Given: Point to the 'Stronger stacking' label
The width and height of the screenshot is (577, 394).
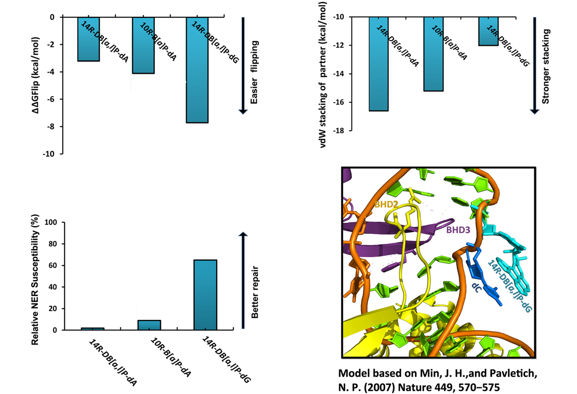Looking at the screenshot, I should [x=546, y=66].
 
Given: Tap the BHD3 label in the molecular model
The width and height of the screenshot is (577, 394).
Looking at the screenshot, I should [x=458, y=230].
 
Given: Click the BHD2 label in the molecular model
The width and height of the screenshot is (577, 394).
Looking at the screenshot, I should [x=386, y=204].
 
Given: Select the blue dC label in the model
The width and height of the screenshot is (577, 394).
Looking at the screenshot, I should [x=476, y=286].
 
